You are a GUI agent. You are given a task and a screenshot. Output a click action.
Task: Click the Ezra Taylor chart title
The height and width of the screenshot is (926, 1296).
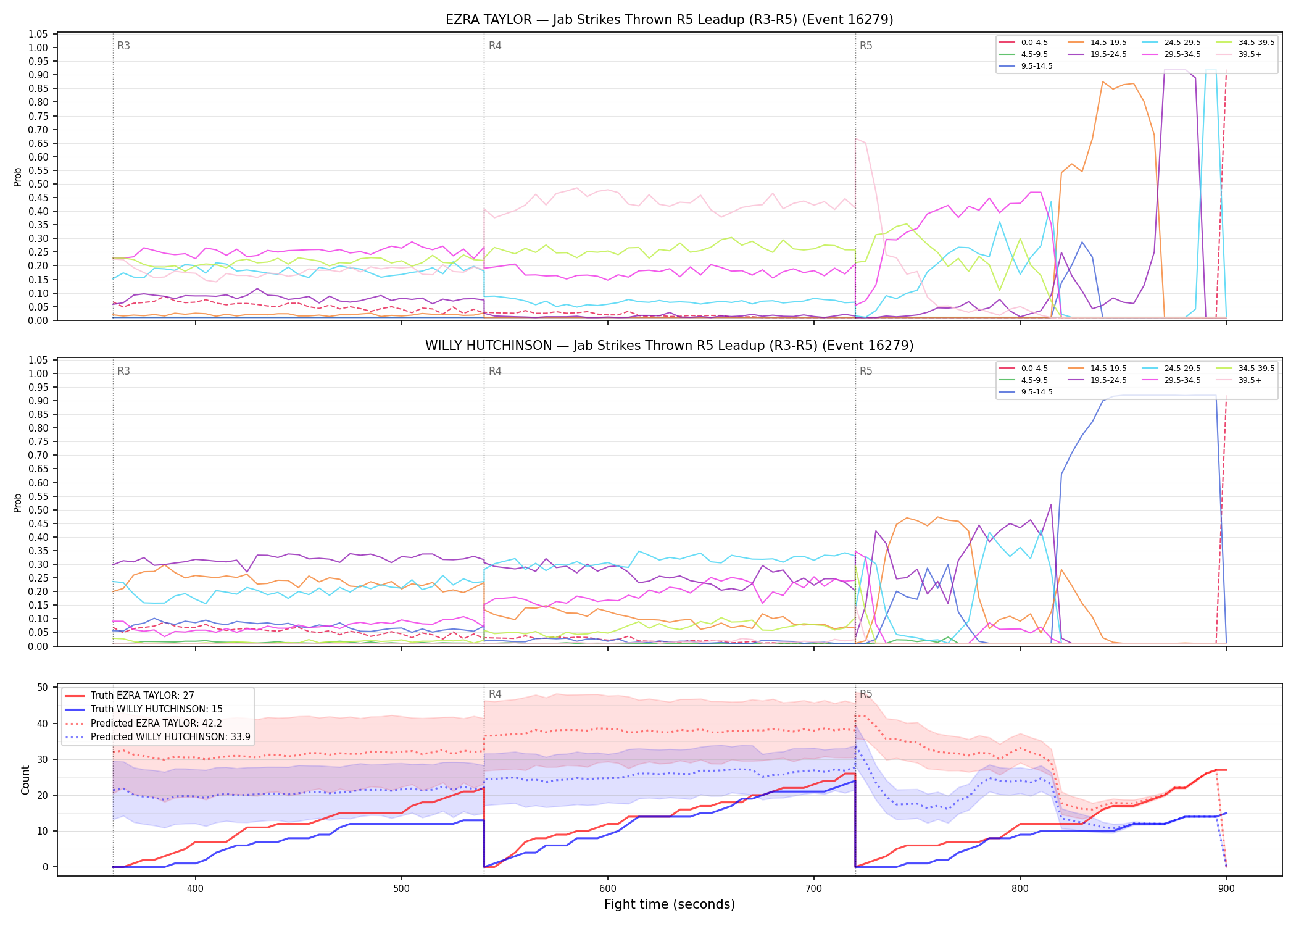click(669, 20)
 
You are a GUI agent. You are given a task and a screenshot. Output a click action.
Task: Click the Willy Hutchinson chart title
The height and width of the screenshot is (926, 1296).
click(669, 346)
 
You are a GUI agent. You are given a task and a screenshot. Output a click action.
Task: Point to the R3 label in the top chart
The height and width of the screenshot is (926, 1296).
click(123, 46)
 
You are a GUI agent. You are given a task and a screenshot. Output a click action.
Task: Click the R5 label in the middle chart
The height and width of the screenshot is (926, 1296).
click(866, 371)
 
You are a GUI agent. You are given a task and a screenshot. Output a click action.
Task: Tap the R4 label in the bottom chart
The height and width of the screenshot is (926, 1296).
click(495, 694)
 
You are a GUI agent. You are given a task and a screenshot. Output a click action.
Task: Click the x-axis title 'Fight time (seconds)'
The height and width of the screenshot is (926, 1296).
click(670, 904)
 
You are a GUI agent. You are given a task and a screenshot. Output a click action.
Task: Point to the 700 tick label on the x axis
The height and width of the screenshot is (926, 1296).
click(814, 884)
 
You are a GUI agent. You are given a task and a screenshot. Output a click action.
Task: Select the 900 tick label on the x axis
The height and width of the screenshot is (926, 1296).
click(1226, 884)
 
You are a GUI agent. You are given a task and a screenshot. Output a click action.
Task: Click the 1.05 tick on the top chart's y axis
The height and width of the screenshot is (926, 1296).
click(38, 34)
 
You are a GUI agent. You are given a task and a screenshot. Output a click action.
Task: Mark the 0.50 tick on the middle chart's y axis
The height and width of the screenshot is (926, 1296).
click(38, 510)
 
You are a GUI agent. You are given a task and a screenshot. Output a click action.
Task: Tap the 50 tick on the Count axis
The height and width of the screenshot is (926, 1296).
click(43, 687)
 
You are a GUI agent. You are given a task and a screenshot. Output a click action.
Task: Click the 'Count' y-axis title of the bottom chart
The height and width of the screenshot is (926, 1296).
click(25, 780)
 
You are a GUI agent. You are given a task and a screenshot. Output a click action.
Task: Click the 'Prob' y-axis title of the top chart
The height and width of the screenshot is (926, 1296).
click(18, 177)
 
